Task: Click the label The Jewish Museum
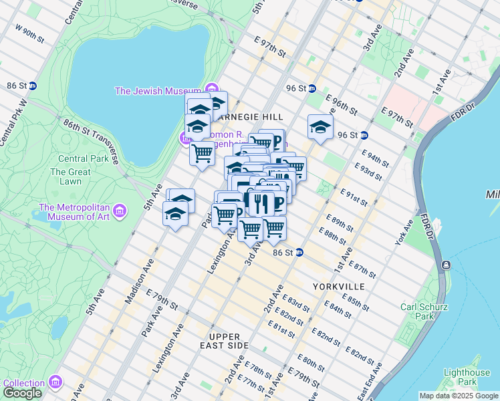tap(158, 91)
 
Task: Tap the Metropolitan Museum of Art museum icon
tap(120, 212)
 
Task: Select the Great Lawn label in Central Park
tap(70, 172)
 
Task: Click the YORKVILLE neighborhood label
tap(338, 286)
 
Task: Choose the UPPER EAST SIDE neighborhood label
tap(228, 341)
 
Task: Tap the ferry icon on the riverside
tap(447, 265)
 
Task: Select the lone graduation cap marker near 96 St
tap(320, 127)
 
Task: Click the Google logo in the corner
tap(23, 393)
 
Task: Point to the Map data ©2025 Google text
tap(458, 396)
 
